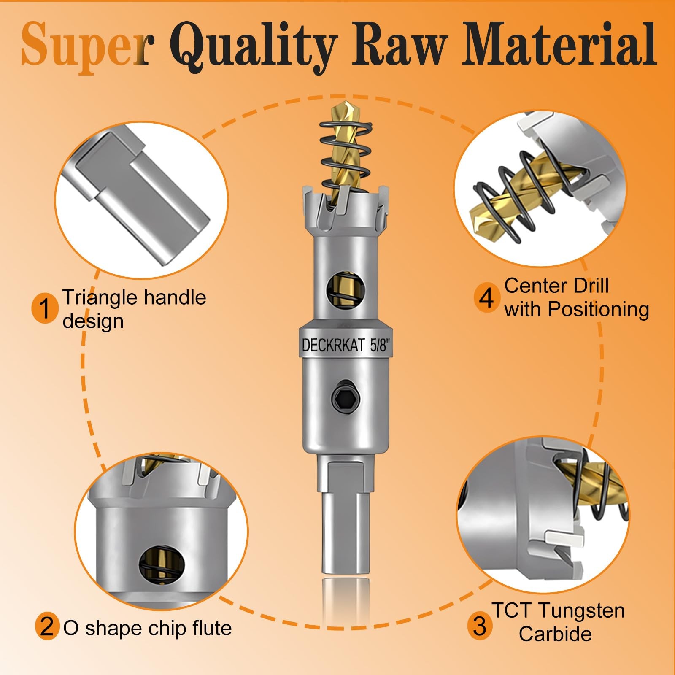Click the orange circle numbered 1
(45, 308)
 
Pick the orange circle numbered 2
(47, 627)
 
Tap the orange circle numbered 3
(480, 626)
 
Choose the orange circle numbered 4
(486, 298)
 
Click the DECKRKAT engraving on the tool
(333, 346)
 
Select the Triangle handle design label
(134, 309)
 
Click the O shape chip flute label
(147, 628)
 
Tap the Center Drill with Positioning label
(576, 297)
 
